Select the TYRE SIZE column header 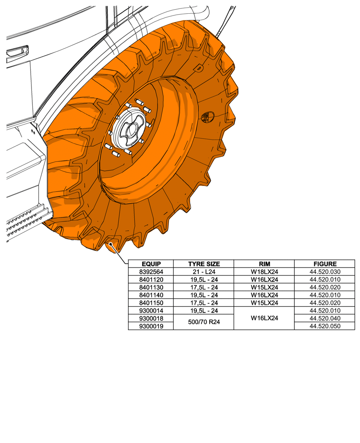click(203, 264)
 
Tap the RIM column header click(264, 264)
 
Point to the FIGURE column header click(325, 264)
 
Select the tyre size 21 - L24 click(203, 272)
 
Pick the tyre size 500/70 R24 click(203, 322)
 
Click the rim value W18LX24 click(264, 272)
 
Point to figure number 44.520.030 click(325, 272)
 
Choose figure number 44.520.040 click(325, 318)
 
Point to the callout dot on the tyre click(110, 243)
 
